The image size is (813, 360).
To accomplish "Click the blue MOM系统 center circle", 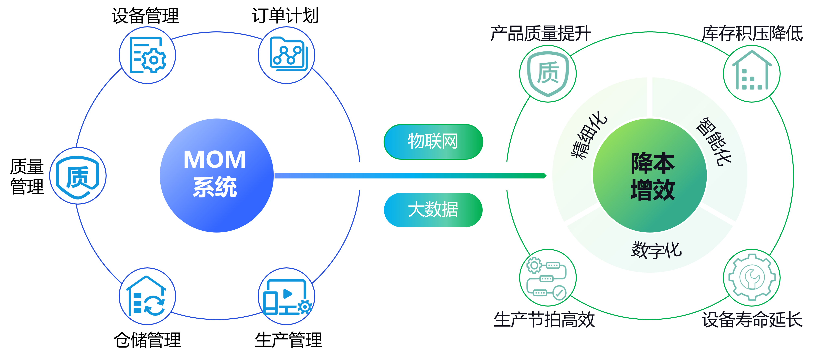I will [216, 175].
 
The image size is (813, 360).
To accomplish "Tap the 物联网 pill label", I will [433, 142].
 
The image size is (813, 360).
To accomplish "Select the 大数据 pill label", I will [433, 210].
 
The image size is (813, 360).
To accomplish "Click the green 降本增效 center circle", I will [650, 176].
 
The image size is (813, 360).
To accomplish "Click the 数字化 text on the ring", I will [656, 250].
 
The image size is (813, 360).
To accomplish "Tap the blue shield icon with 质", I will [78, 176].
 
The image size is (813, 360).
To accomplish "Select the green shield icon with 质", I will [548, 74].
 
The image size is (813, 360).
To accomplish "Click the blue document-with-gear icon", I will [147, 55].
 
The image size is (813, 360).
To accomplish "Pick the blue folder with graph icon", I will [287, 55].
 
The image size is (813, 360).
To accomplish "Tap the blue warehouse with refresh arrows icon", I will [147, 296].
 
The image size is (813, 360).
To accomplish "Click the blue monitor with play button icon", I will [287, 296].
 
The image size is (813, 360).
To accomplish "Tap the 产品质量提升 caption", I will [541, 33].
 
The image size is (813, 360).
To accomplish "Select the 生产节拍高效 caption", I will [544, 320].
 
